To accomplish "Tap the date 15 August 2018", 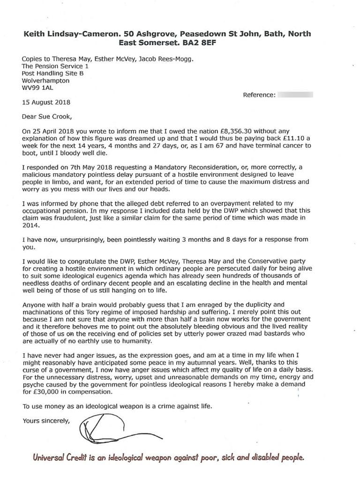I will (46, 102).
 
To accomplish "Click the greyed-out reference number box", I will (295, 95).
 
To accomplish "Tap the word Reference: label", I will (259, 95).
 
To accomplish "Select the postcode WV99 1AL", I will (38, 87).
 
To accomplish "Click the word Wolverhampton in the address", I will (46, 80).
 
